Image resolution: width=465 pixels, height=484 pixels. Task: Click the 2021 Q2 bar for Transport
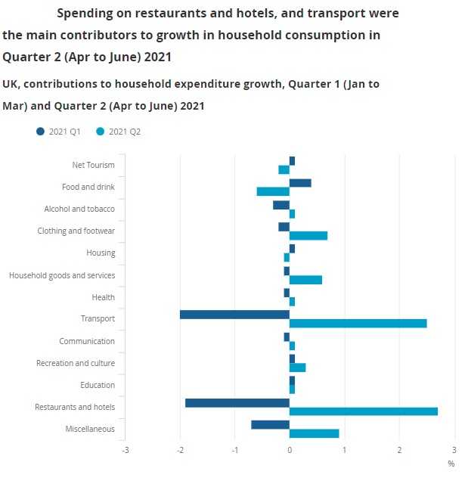point(358,324)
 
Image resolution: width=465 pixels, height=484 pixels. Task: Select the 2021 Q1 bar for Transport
point(234,315)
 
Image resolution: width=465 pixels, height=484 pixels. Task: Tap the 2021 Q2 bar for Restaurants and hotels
point(363,411)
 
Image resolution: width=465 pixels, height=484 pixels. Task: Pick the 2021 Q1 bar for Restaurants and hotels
point(237,402)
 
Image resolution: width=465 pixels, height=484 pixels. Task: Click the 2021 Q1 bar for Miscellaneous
point(270,424)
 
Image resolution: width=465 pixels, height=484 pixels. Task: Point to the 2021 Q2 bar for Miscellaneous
point(314,433)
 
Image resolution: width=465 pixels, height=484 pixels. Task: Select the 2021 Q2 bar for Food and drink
point(273,191)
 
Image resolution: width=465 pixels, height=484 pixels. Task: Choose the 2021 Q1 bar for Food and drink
point(300,182)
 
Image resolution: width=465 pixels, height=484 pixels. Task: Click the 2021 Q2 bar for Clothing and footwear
point(308,235)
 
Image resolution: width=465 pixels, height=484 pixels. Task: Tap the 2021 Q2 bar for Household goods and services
point(305,280)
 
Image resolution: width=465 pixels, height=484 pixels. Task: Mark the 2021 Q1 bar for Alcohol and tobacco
point(281,204)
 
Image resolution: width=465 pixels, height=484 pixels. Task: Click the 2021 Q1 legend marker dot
point(40,132)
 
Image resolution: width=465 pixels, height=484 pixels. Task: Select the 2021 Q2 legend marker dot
point(101,132)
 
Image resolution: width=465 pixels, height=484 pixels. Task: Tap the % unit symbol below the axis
point(451,464)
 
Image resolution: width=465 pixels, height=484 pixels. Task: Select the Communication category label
point(87,341)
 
